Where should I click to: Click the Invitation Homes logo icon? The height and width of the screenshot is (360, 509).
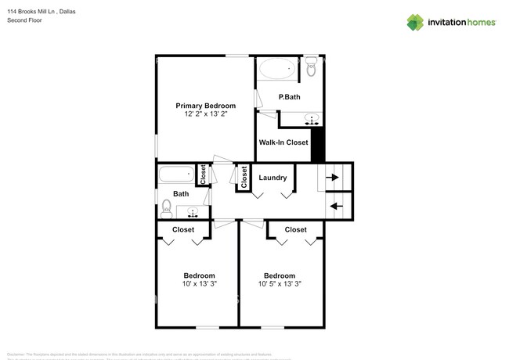416,22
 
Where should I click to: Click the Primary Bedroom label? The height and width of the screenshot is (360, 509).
205,106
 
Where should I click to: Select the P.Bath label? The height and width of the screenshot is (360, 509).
289,97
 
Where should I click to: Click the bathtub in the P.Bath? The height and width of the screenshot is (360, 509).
277,70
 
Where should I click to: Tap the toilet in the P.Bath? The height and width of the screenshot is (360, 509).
311,67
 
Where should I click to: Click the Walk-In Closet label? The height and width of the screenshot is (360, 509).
283,142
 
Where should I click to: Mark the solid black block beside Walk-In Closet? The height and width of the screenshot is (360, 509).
317,146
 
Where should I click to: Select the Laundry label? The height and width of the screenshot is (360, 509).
273,178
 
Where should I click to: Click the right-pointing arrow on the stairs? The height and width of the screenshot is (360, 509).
333,178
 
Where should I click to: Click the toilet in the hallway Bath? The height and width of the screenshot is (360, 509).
166,207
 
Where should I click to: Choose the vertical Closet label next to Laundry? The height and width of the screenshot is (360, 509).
244,178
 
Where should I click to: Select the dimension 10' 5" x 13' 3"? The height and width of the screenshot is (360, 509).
279,284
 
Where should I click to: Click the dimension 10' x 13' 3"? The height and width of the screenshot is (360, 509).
199,284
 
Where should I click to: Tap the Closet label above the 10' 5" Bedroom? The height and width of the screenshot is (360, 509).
295,229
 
